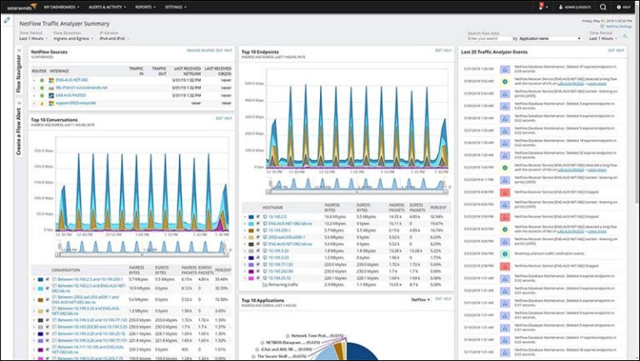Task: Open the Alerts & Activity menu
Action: (107, 6)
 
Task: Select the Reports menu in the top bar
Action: (145, 6)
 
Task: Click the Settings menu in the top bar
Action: (175, 6)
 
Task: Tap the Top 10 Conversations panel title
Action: (54, 119)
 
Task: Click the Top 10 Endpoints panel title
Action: (260, 51)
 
